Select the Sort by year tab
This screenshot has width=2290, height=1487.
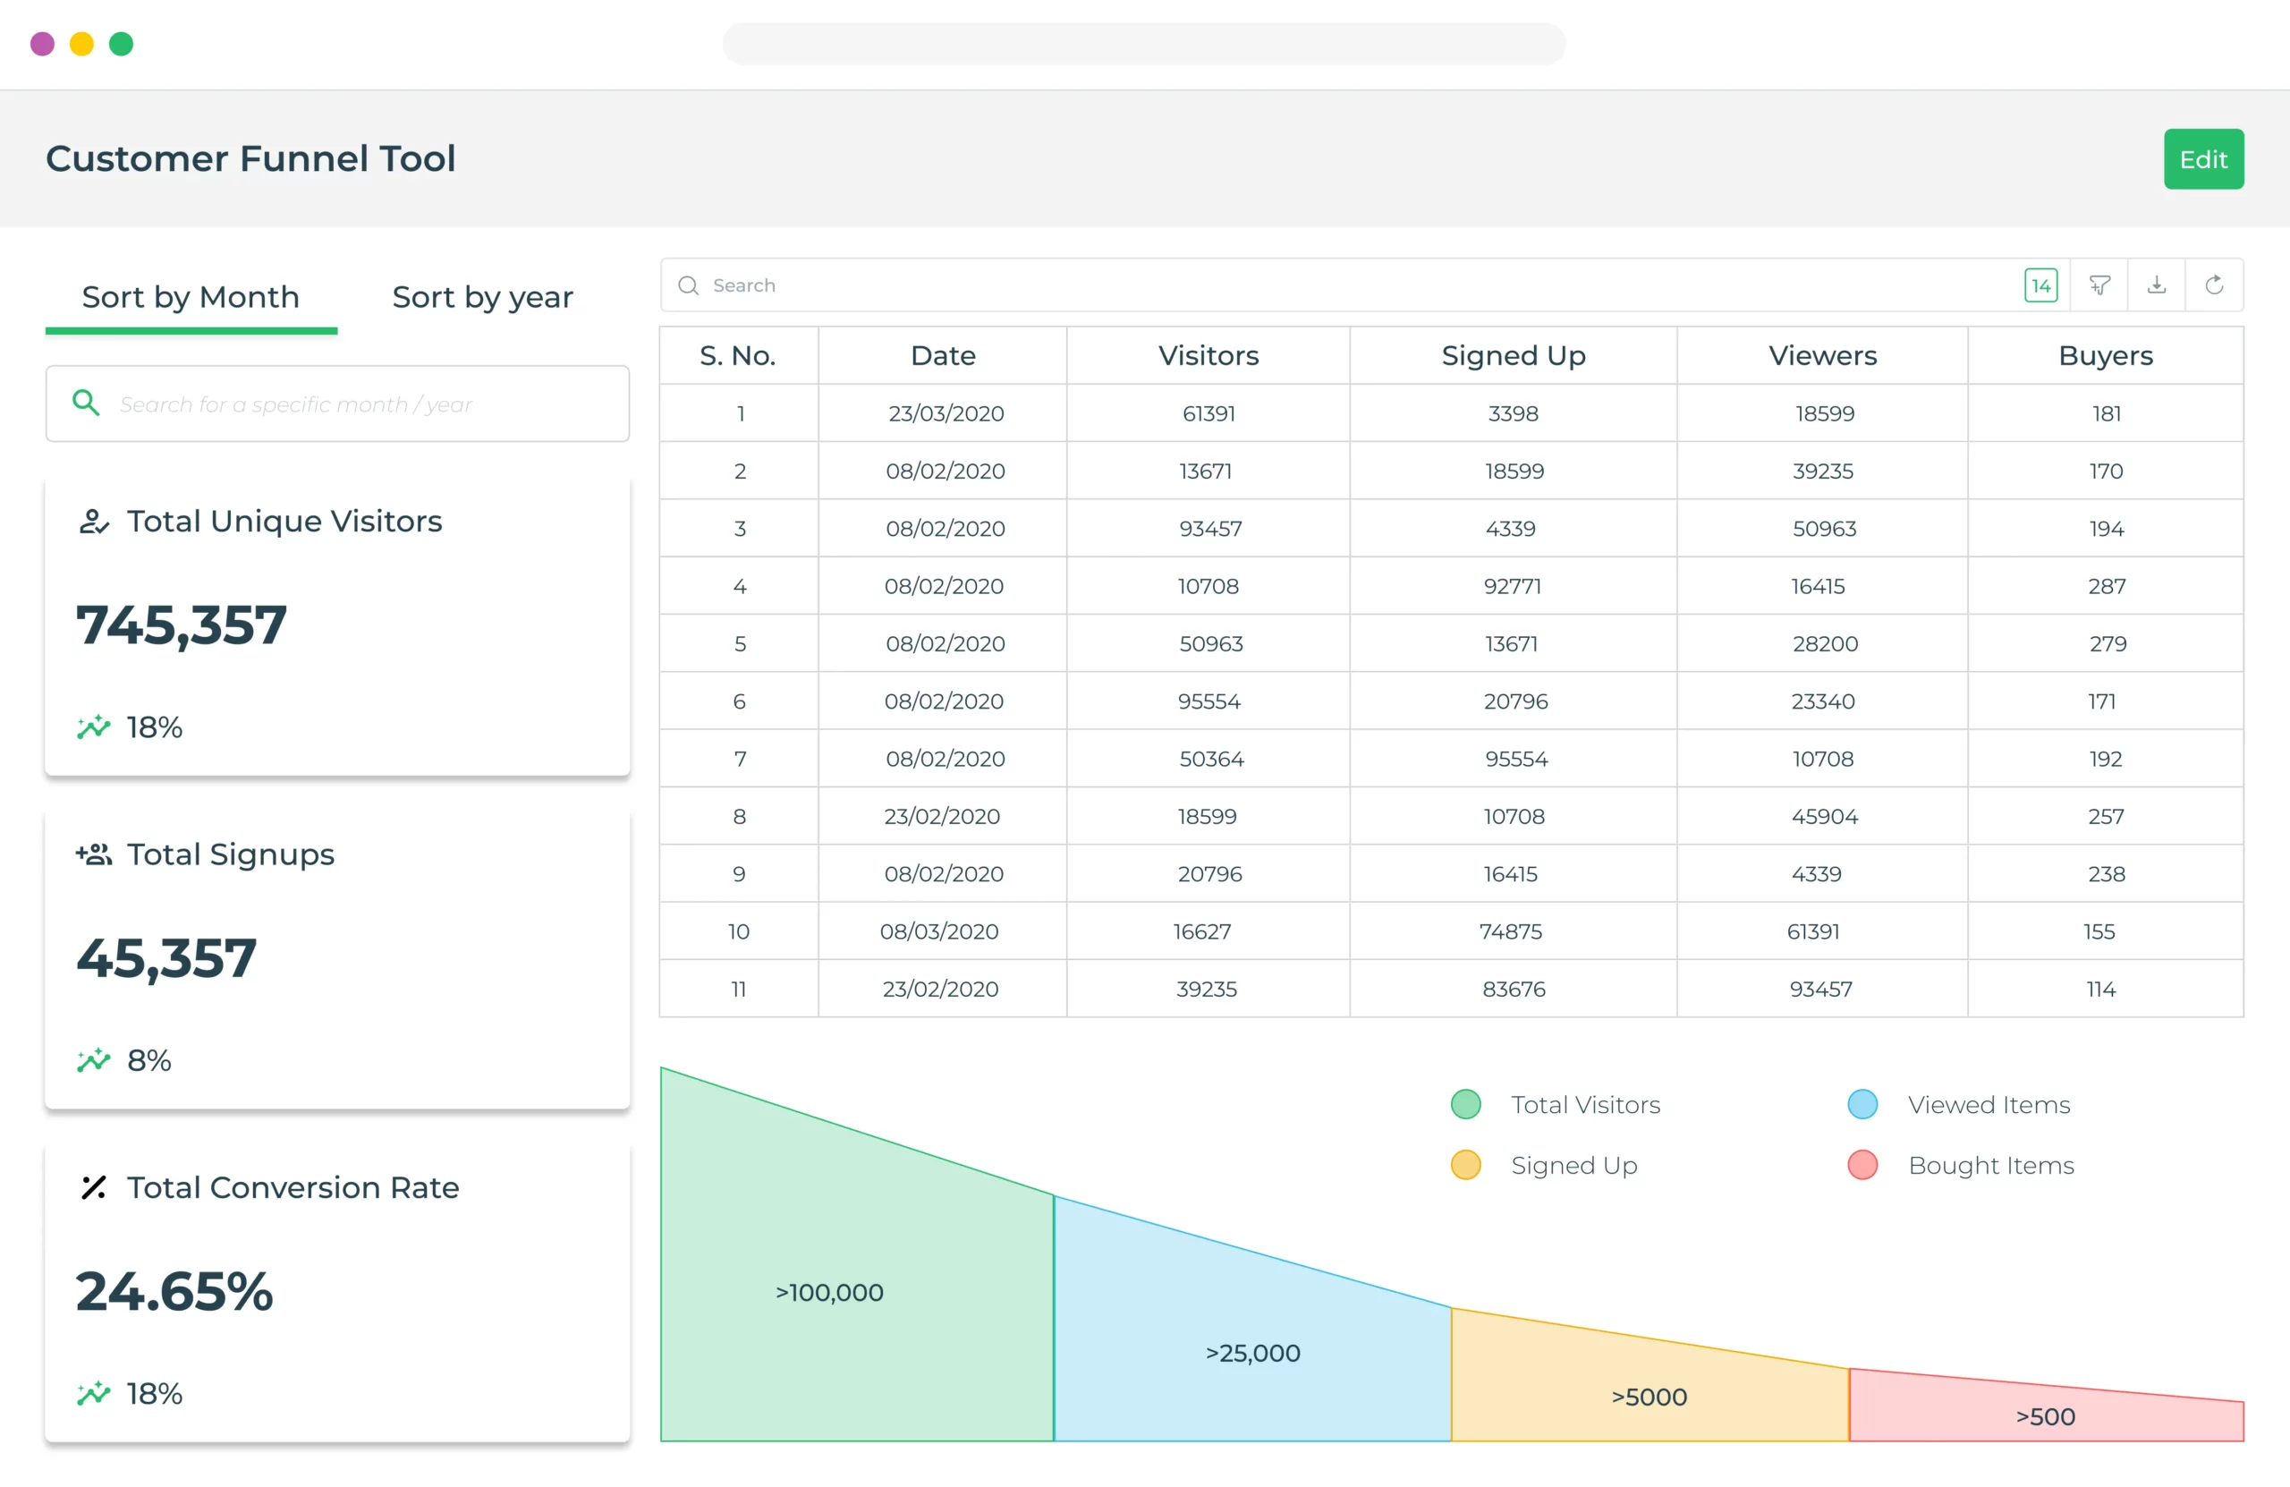click(x=482, y=296)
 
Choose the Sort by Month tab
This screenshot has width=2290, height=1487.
click(x=191, y=296)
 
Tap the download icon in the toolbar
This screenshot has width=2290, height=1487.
click(x=2156, y=285)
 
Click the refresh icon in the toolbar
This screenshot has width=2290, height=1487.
click(x=2214, y=285)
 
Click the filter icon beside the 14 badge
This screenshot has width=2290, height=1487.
click(x=2099, y=285)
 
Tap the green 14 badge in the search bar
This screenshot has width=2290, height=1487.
click(x=2040, y=285)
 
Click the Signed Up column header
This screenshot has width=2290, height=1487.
click(x=1513, y=355)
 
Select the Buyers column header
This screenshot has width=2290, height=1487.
click(x=2105, y=355)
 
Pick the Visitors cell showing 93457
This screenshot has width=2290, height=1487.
click(x=1209, y=529)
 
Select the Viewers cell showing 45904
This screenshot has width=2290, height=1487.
click(x=1823, y=816)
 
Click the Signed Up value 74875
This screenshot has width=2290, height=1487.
click(x=1511, y=931)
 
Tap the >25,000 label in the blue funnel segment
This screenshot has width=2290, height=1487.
click(x=1252, y=1352)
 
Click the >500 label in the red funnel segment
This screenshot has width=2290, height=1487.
click(x=2045, y=1415)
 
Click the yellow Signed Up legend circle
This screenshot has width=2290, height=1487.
click(x=1465, y=1165)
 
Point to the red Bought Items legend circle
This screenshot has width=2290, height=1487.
click(x=1862, y=1165)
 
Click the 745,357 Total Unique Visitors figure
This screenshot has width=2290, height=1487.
click(x=182, y=625)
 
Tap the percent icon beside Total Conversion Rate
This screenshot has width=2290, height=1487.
click(x=93, y=1187)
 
